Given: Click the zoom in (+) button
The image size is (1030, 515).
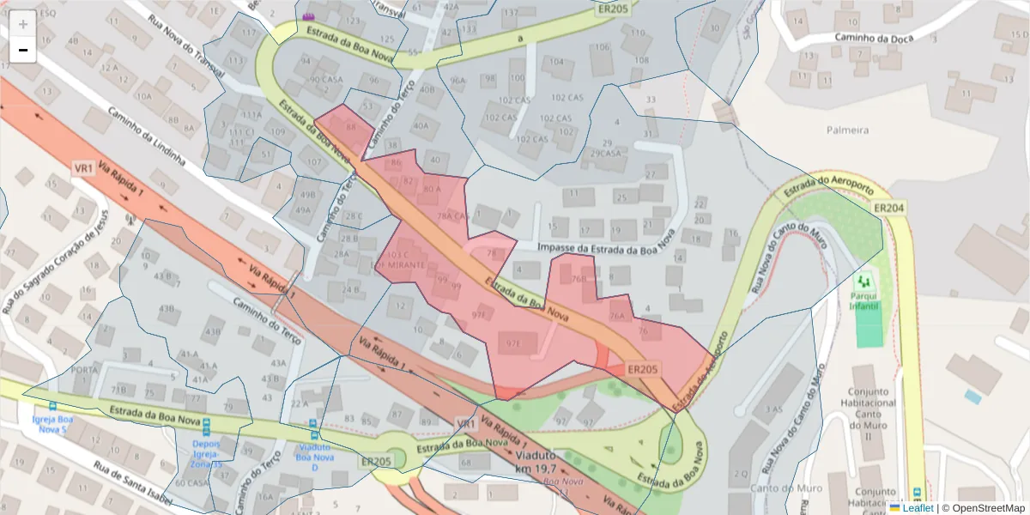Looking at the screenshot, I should tap(23, 24).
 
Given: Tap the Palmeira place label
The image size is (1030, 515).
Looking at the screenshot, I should tap(847, 130).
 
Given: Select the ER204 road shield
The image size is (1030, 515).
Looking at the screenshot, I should tap(889, 208).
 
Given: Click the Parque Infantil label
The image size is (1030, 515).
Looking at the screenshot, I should tap(863, 300).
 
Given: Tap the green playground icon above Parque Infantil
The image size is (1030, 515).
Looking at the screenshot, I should tap(864, 282).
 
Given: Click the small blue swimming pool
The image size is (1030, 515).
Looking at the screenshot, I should tap(972, 397).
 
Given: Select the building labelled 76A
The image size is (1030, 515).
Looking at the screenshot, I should tap(617, 316).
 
